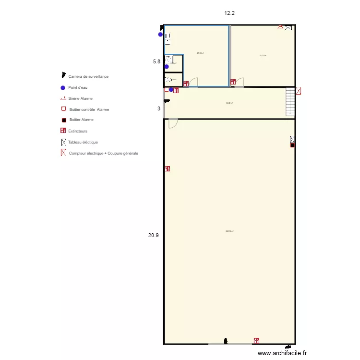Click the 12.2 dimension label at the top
coord(229,13)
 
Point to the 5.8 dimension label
coord(156,61)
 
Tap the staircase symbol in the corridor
coord(290,102)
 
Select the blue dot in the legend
coord(63,87)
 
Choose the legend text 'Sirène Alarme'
coord(80,98)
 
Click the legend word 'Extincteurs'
coord(78,131)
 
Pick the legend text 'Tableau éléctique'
coord(83,142)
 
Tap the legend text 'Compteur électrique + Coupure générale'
coord(103,153)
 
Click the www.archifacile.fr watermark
coord(285,353)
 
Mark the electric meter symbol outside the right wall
coord(299,90)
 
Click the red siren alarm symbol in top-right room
coord(280,28)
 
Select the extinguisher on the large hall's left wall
coord(167,168)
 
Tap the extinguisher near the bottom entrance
coord(256,340)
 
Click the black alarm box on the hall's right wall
coord(292,145)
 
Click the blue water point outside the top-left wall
coord(160,35)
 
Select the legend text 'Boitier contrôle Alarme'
coord(89,109)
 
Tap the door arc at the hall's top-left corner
coord(173,123)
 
